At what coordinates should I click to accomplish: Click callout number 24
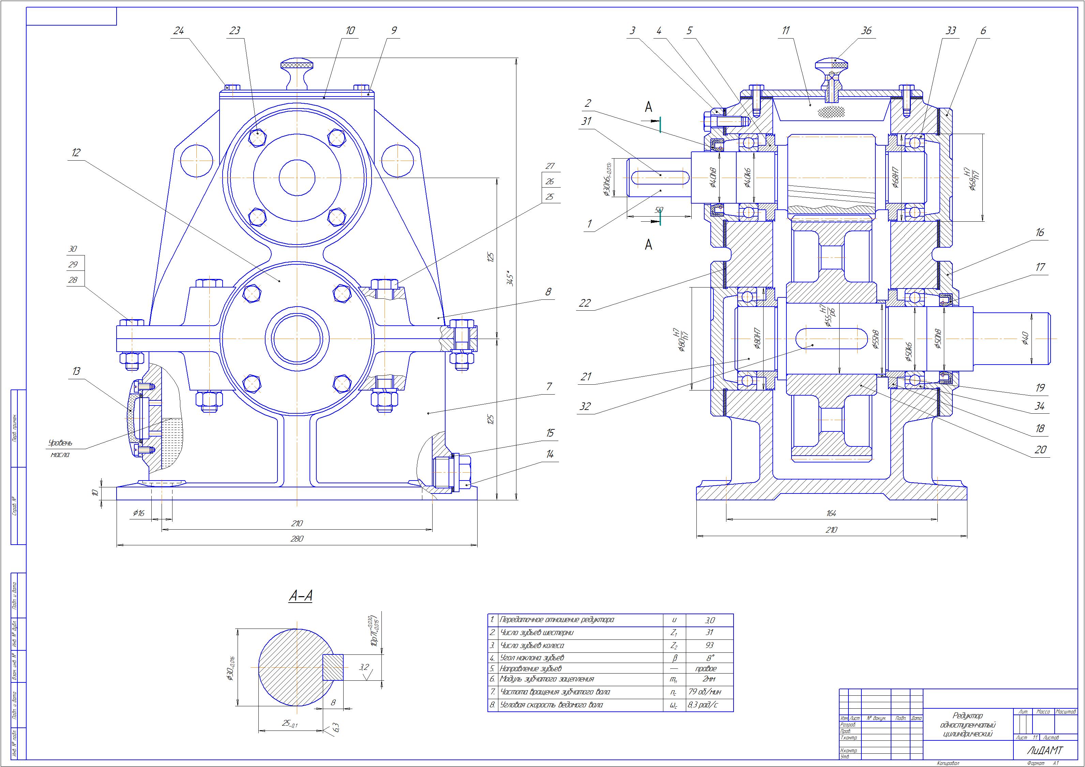point(178,31)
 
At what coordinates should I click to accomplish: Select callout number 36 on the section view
point(866,31)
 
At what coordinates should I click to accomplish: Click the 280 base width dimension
point(297,538)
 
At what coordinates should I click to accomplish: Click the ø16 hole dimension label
point(138,513)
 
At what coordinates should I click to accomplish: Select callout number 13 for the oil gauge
point(76,371)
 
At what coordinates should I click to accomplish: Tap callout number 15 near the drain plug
point(549,433)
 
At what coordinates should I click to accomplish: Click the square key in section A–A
point(333,667)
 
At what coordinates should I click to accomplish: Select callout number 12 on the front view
point(76,152)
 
